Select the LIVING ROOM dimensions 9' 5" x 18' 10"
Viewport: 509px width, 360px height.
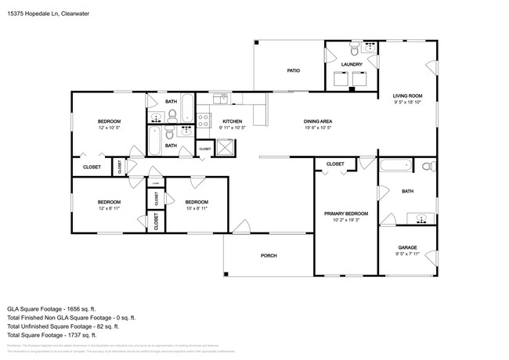(406, 103)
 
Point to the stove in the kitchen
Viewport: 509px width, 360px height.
(204, 121)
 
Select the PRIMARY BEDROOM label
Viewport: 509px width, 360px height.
(345, 213)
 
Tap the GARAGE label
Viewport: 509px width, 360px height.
(408, 247)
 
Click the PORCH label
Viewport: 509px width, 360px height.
(269, 256)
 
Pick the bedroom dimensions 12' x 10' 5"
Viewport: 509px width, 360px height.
(109, 128)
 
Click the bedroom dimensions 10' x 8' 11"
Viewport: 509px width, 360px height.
(196, 207)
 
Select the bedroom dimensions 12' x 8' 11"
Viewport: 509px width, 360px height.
(109, 207)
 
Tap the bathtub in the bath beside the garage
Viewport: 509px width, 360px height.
(395, 166)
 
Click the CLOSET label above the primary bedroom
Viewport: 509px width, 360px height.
(334, 164)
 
